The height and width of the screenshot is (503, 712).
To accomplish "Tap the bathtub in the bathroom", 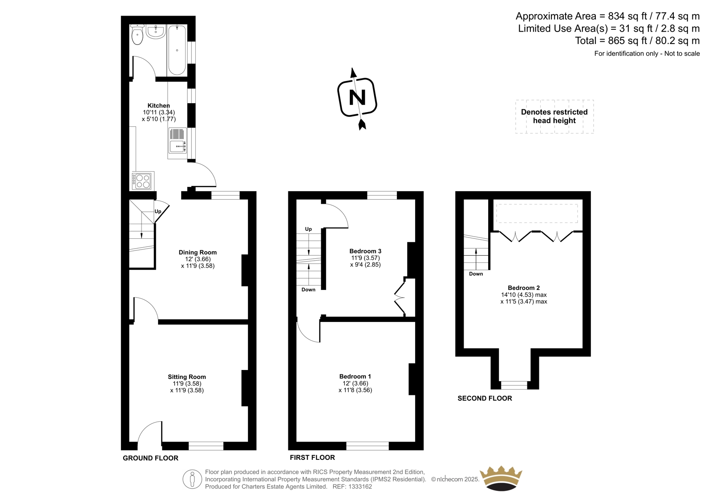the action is tap(177, 50).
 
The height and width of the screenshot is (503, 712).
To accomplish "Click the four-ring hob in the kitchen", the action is tap(142, 181).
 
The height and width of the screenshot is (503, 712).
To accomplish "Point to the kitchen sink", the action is tap(178, 141).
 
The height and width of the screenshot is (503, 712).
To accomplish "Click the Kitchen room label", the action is tap(158, 105).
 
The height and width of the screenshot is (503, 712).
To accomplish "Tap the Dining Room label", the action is tap(198, 252).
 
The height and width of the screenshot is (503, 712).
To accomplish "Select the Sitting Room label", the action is tap(187, 377).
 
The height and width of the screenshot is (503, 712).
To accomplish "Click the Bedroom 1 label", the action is tap(355, 377).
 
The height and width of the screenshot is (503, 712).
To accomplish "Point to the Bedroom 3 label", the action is tap(365, 251).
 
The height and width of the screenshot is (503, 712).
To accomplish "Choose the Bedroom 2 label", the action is tap(524, 288).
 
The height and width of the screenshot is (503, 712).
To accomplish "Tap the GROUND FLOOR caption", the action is tap(151, 458).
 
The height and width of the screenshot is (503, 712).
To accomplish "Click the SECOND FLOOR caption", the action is tap(485, 398).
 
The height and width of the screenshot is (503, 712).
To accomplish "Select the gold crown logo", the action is tap(501, 479).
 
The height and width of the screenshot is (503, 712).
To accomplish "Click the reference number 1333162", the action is tap(360, 487).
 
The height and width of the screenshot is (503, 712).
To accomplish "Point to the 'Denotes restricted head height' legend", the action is tap(554, 116).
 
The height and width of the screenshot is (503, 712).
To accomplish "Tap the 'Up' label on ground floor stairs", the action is tap(158, 211).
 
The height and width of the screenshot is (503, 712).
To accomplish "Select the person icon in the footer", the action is tap(192, 479).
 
